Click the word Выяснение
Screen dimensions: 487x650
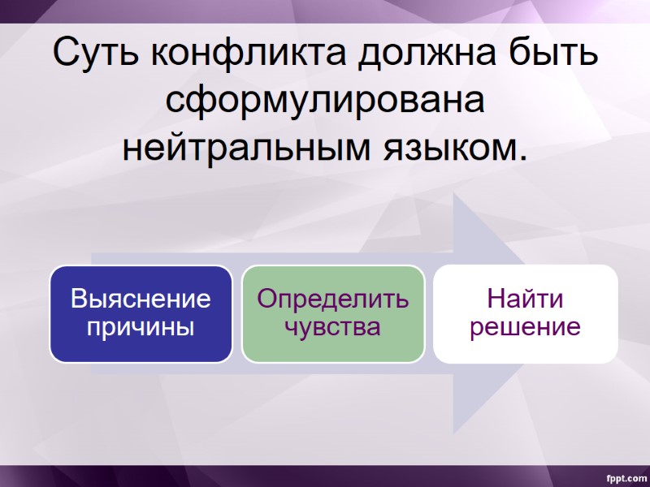tap(141, 300)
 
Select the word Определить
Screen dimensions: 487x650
tap(333, 300)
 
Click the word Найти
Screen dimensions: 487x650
tap(525, 300)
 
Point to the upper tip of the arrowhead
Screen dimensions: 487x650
tap(456, 195)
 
